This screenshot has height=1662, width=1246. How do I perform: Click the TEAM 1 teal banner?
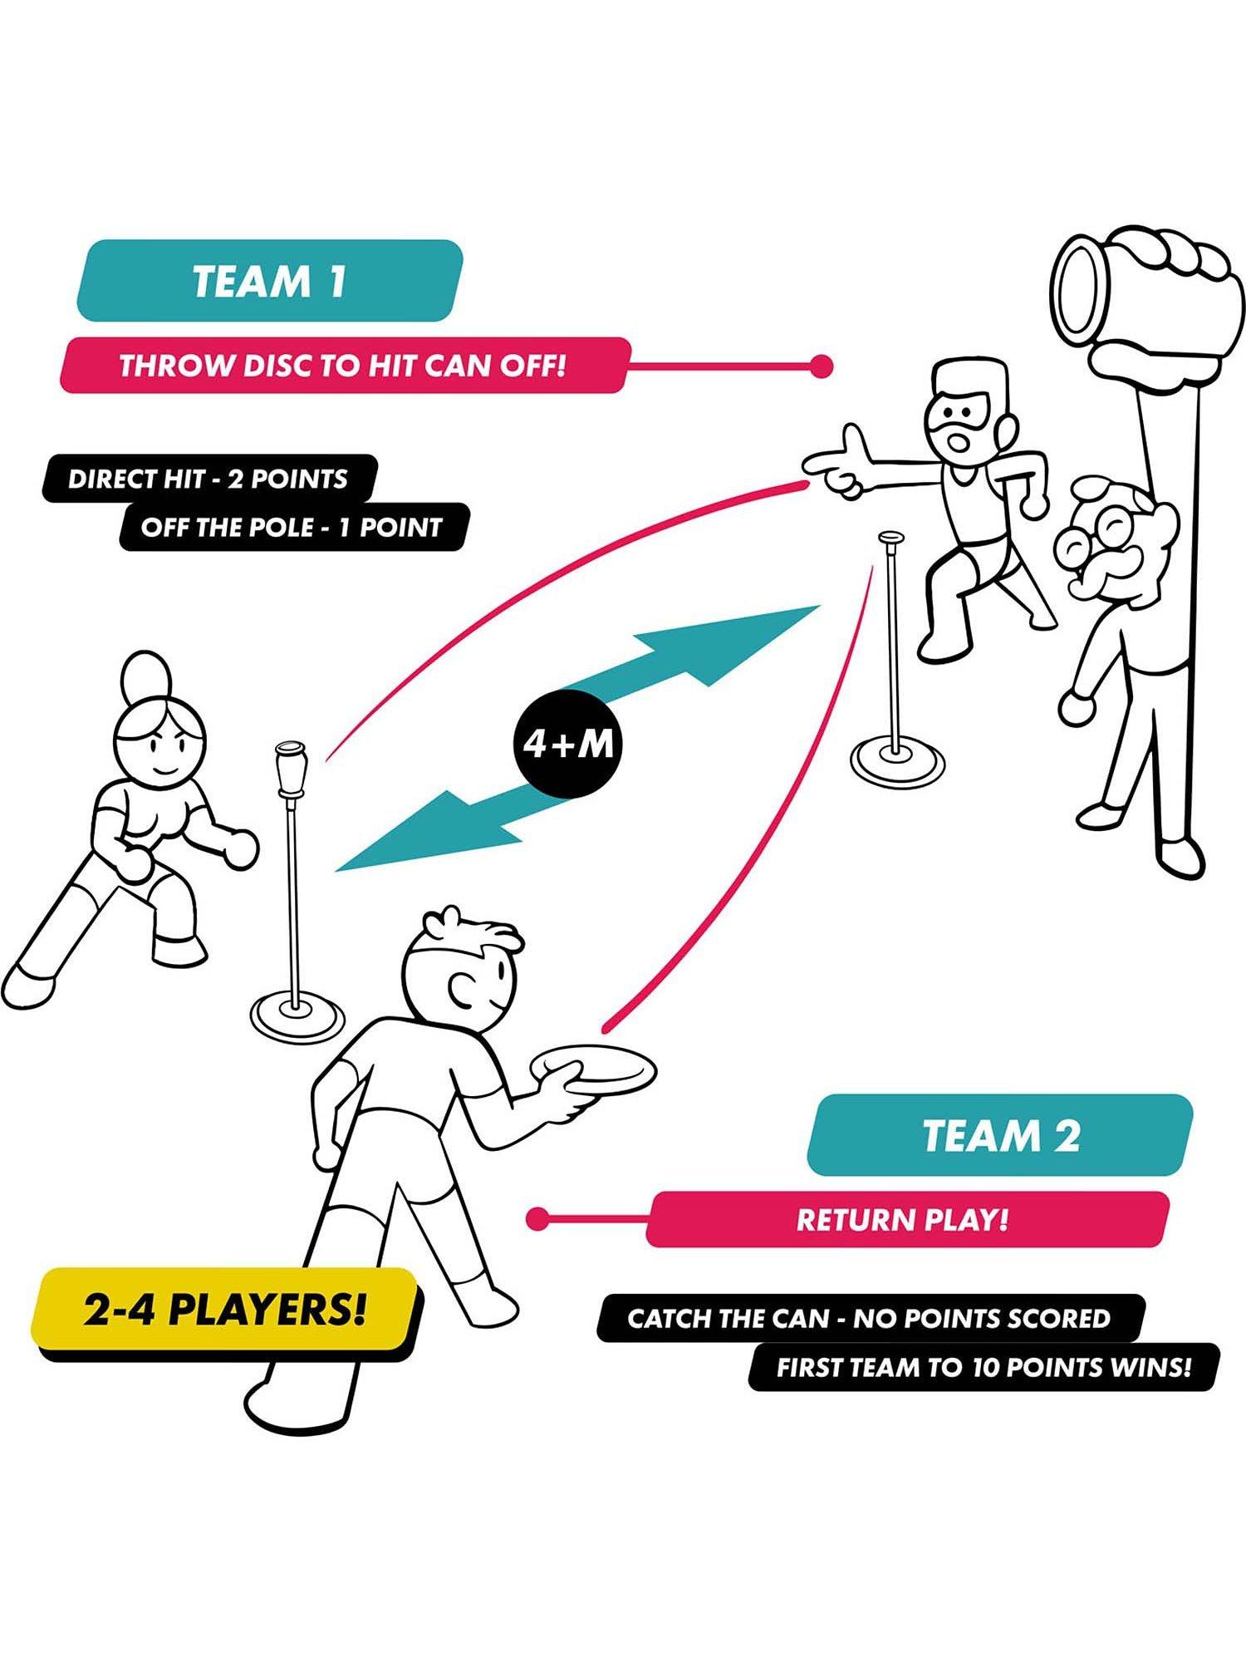[x=269, y=281]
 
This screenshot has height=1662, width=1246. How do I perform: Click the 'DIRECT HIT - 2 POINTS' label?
[x=208, y=479]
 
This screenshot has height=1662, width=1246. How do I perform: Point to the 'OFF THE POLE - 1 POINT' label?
[x=291, y=527]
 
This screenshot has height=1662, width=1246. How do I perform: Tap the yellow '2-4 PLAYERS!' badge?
[x=224, y=1310]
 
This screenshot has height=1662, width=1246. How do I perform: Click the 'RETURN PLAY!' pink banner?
[x=905, y=1220]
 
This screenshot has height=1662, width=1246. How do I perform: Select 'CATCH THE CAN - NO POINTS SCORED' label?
[x=869, y=1319]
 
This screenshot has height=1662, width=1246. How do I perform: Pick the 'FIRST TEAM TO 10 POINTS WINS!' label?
[x=983, y=1367]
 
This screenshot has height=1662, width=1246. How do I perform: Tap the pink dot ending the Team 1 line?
[x=821, y=366]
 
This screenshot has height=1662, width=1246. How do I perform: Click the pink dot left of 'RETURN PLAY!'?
[x=538, y=1220]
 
